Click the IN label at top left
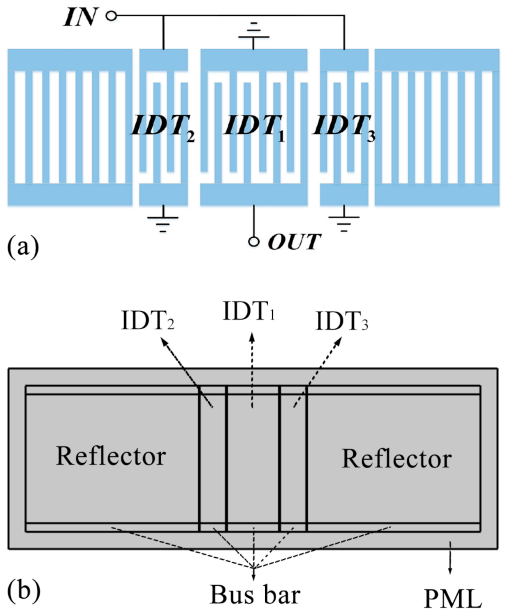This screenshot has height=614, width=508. point(80,18)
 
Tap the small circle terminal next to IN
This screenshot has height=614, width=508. point(111,16)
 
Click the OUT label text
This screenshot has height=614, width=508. point(294,242)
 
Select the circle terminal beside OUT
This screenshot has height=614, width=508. point(254,242)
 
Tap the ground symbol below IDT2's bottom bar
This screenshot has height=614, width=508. point(163,223)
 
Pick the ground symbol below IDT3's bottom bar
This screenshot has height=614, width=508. point(344,223)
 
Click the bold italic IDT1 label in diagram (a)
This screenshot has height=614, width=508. point(255,127)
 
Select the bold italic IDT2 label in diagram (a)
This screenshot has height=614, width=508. point(163,127)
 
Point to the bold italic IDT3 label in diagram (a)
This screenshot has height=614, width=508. point(344,127)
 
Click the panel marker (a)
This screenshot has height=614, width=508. point(23,247)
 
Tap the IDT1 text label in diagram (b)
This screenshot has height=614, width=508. point(249,311)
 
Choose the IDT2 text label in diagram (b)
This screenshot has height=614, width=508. point(148,321)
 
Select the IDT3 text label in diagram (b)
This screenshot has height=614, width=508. point(342,321)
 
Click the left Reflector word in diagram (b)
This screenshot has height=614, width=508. point(111,456)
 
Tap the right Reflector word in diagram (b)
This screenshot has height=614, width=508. point(396,459)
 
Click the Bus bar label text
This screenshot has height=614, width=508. point(255,594)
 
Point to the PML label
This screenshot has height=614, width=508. point(453,599)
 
